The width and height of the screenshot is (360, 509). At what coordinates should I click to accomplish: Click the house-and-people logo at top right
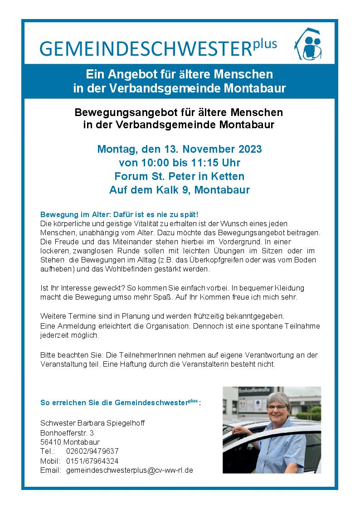click(308, 44)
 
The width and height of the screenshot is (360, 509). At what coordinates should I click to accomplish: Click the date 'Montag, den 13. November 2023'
click(180, 149)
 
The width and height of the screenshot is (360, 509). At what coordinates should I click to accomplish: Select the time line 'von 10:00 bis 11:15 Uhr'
click(180, 163)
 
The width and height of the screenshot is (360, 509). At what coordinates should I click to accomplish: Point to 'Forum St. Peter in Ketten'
click(180, 176)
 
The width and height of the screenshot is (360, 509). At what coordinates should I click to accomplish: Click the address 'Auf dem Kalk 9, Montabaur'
click(180, 190)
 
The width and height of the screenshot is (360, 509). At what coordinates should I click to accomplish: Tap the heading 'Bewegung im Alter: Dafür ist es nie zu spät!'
click(119, 214)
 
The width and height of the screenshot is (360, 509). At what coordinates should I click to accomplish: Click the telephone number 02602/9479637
click(92, 451)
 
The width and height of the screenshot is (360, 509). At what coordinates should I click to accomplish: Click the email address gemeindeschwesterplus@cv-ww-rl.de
click(130, 470)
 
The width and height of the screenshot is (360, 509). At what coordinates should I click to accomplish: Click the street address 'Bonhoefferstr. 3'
click(67, 432)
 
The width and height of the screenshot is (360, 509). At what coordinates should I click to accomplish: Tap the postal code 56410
click(51, 442)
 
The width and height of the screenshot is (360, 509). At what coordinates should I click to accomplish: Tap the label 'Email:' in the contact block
click(50, 470)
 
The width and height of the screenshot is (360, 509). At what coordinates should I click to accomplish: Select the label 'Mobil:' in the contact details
click(50, 461)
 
